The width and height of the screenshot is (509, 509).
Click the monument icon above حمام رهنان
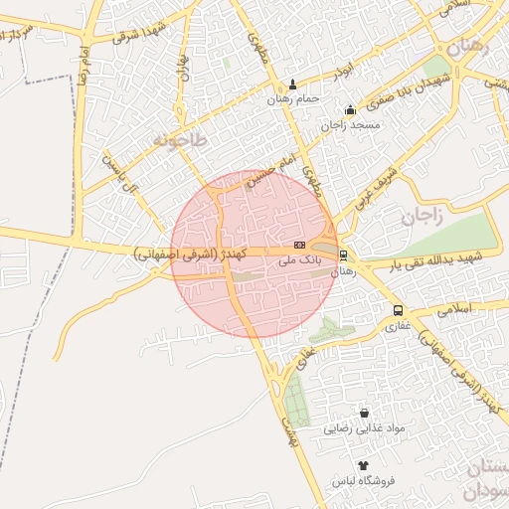292,85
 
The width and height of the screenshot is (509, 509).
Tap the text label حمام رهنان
292,99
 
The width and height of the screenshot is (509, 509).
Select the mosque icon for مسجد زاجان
349,110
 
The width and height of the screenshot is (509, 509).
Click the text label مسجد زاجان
346,126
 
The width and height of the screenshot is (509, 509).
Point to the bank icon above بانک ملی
299,245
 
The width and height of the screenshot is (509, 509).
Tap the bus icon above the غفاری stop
398,310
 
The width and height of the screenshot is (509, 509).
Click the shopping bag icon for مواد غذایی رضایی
364,413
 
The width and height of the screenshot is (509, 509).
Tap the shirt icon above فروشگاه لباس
363,465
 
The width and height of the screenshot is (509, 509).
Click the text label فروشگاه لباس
364,480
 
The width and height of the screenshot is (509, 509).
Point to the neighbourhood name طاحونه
179,140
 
